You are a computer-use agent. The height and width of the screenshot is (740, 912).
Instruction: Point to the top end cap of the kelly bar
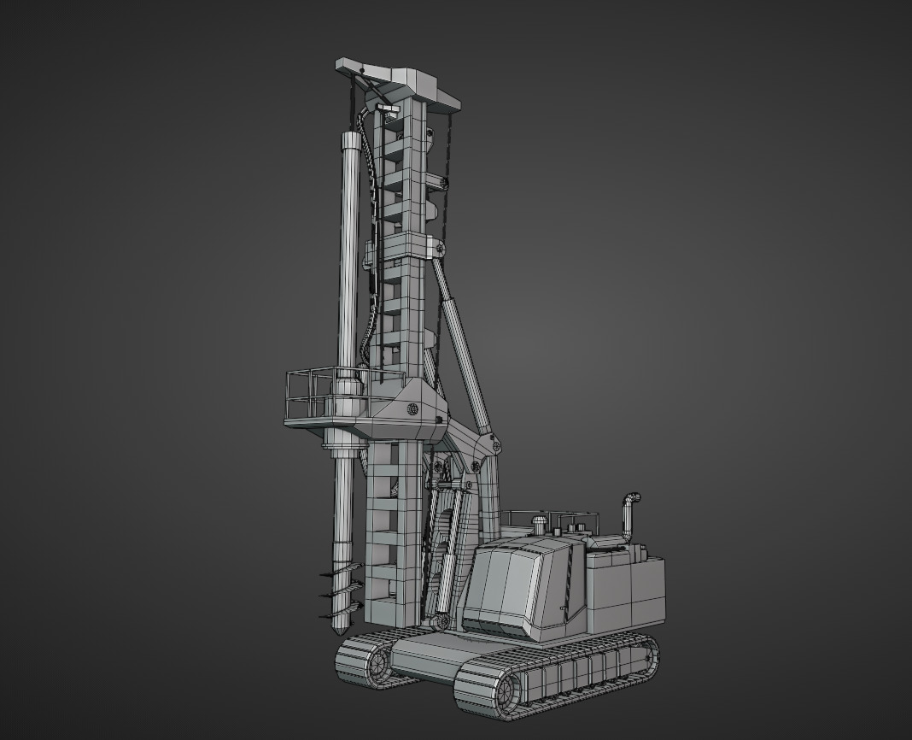tap(350, 139)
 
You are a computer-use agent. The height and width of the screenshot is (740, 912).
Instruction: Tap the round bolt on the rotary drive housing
tap(412, 409)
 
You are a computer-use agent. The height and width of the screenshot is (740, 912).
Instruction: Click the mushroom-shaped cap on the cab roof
tap(539, 520)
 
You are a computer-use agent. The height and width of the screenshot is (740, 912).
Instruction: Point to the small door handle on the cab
tap(564, 608)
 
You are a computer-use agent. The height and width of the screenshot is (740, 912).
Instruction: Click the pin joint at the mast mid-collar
tap(440, 249)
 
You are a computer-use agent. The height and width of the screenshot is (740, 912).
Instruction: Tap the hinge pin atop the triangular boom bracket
tap(492, 443)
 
